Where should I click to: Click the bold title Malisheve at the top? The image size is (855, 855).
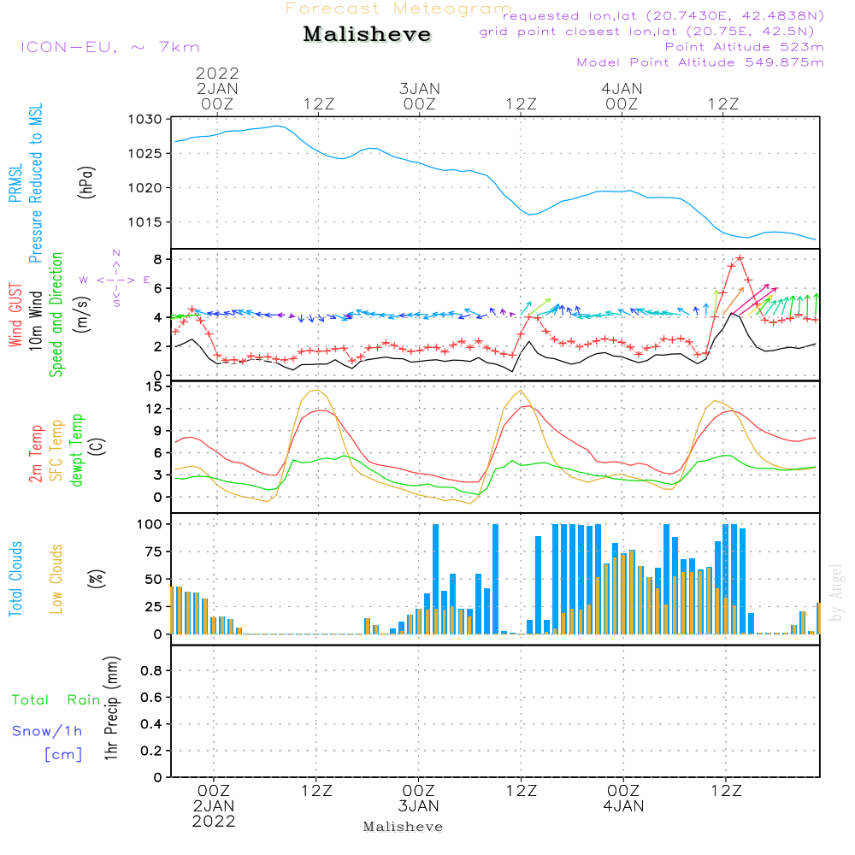click(x=368, y=35)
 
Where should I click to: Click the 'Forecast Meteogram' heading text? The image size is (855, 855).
click(x=398, y=9)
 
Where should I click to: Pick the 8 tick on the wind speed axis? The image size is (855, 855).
click(x=158, y=259)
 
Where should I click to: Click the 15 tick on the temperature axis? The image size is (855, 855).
click(x=154, y=386)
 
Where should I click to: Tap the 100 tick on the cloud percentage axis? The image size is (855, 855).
click(x=150, y=523)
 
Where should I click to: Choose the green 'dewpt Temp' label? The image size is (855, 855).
click(x=77, y=451)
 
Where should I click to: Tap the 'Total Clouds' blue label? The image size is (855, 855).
click(x=16, y=579)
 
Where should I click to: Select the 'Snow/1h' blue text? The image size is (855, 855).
click(x=47, y=731)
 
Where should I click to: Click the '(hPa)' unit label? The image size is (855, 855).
click(x=85, y=181)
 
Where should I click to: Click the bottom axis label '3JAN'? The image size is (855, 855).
click(x=418, y=806)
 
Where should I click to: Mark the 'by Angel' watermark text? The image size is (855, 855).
click(x=836, y=593)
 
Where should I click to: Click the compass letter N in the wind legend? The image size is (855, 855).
click(x=116, y=253)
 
